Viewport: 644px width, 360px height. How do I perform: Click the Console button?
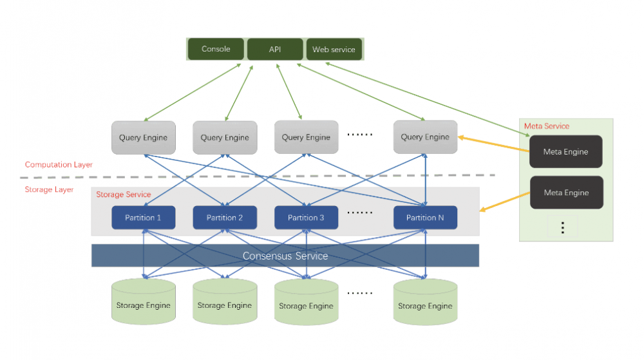click(216, 49)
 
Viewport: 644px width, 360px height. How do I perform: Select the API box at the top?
click(275, 49)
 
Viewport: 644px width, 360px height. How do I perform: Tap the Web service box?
click(334, 50)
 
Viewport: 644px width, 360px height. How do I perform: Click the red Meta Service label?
click(547, 126)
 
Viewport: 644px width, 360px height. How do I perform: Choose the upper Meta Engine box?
click(566, 152)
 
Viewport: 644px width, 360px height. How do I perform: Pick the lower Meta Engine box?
click(566, 193)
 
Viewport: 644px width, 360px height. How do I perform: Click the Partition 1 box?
click(143, 218)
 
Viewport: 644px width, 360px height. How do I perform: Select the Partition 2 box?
click(225, 218)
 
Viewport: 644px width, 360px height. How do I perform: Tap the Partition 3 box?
click(306, 218)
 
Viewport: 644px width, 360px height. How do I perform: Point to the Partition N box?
click(425, 218)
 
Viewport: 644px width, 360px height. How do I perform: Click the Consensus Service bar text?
click(285, 256)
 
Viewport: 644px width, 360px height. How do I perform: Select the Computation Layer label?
click(59, 165)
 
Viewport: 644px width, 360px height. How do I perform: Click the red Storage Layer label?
click(49, 189)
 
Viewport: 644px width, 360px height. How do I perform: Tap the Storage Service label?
click(123, 194)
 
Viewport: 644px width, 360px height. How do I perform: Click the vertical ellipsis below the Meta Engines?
click(562, 227)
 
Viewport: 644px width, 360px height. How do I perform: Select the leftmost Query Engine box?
click(143, 137)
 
